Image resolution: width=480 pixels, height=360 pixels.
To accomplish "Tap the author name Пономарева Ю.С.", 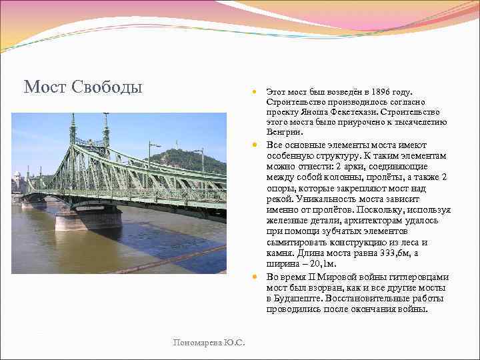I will (x=209, y=343).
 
